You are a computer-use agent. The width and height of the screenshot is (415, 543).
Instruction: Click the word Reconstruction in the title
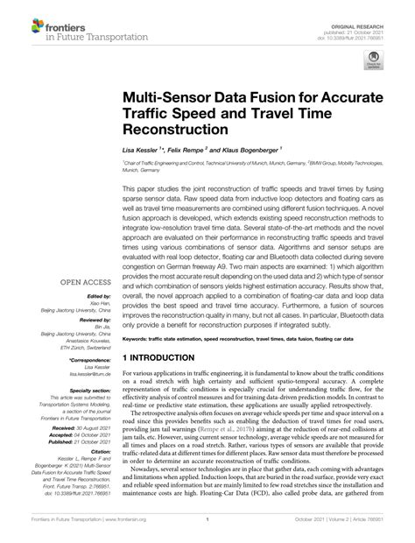[x=175, y=127]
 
